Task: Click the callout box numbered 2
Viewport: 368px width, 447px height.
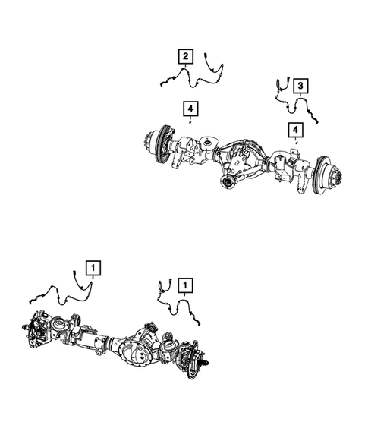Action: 185,55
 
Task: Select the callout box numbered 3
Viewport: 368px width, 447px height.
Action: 300,85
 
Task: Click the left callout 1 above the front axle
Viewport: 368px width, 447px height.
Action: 93,267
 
